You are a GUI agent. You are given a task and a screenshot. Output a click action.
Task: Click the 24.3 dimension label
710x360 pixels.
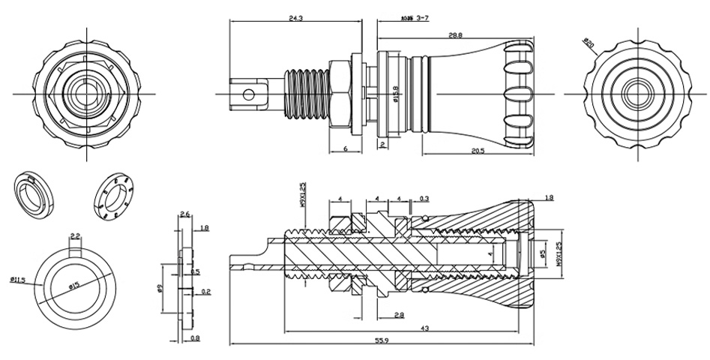[x=295, y=18]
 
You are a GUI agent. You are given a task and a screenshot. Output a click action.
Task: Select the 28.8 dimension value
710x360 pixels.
[x=455, y=35]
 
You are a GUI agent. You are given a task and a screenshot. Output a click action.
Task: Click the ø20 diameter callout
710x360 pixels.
[x=589, y=45]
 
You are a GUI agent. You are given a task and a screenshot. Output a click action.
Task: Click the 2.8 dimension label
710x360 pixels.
[x=399, y=316]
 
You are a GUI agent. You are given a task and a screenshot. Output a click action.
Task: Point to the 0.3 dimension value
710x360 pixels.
[x=425, y=199]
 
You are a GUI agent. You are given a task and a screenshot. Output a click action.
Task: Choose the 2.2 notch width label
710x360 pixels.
[x=75, y=236]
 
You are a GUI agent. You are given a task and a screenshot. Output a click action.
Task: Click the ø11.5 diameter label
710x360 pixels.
[x=18, y=280]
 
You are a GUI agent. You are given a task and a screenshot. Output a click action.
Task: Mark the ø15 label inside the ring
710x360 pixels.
[x=74, y=286]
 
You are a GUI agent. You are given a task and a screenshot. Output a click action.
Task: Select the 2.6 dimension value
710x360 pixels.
[x=186, y=215]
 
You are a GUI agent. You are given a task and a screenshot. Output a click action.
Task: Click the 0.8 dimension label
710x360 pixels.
[x=195, y=338]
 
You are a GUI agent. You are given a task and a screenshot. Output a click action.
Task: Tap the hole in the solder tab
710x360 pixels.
[x=251, y=94]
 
